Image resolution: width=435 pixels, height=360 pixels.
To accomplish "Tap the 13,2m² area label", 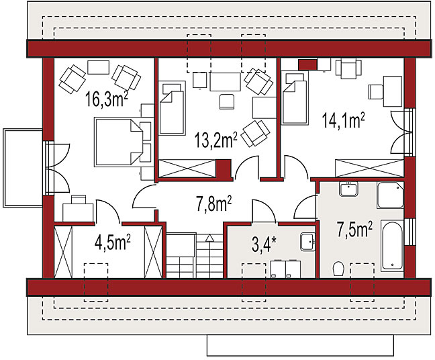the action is [x=216, y=140].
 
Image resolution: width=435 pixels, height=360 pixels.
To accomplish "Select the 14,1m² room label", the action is [x=343, y=120].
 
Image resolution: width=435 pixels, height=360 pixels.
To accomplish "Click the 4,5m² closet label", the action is [x=112, y=242].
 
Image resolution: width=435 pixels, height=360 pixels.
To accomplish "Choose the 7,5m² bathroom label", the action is [x=354, y=229].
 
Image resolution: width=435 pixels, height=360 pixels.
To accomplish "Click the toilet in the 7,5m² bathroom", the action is [x=338, y=269].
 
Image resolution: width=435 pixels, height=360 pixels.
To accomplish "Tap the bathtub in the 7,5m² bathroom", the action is [x=392, y=245].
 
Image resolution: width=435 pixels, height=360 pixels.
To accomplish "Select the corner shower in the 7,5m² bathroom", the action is [x=390, y=195].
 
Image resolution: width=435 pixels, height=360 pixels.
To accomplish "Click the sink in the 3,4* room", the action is [x=307, y=242].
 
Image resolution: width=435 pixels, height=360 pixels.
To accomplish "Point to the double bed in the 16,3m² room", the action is [x=123, y=142].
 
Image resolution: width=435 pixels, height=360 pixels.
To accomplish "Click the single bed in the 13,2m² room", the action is [x=172, y=108].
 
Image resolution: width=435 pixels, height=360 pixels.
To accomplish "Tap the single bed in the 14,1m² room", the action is [x=295, y=97].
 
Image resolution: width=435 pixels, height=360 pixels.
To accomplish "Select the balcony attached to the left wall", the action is [x=23, y=168].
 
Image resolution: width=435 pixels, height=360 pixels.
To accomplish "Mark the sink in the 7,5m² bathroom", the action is [x=348, y=189].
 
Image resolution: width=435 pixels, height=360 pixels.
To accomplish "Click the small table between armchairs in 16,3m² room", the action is [x=98, y=67].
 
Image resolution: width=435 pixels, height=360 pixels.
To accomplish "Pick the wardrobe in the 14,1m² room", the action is [x=369, y=168].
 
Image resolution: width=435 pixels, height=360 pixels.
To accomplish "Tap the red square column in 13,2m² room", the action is [x=224, y=169].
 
